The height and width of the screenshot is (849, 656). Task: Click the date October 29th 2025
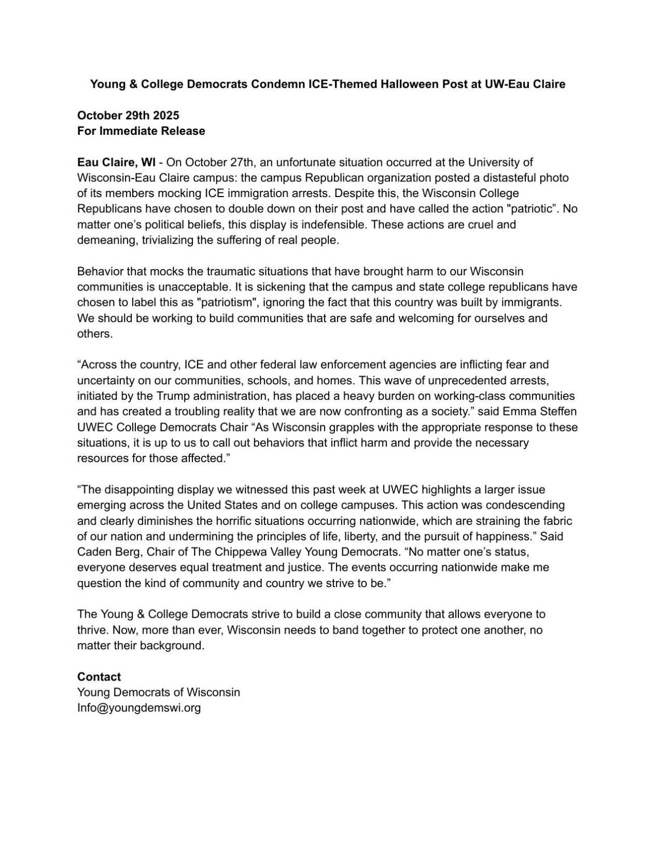tap(128, 115)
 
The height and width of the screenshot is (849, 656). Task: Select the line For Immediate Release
tap(141, 131)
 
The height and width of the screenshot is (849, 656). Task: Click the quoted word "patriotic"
tap(532, 209)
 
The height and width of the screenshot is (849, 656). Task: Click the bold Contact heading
tap(99, 677)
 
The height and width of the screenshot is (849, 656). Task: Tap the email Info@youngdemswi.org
tap(139, 708)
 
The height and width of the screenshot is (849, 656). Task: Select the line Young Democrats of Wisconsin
tap(159, 692)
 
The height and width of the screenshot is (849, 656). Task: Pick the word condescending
tap(524, 505)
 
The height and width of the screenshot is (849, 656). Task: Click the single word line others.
tap(95, 334)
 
